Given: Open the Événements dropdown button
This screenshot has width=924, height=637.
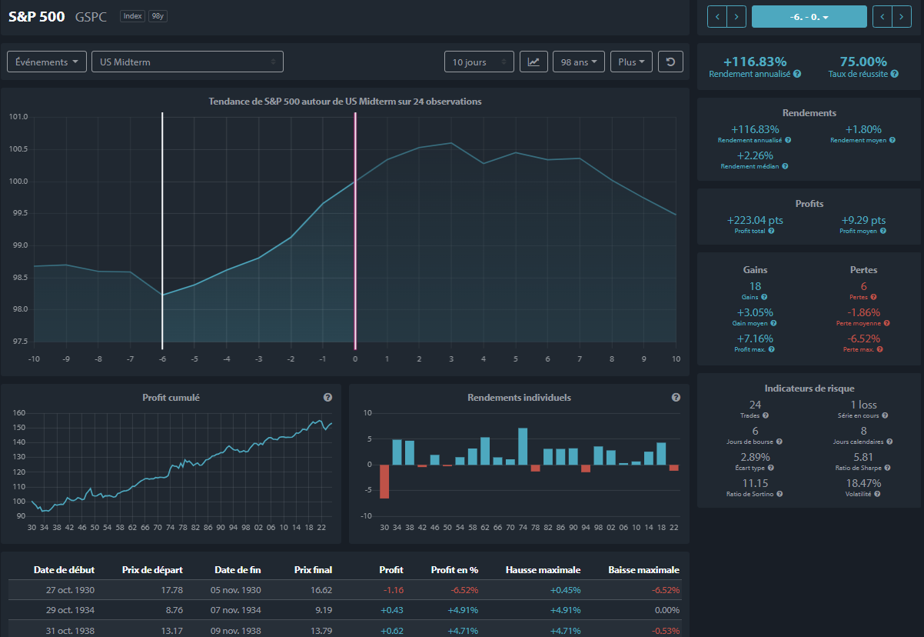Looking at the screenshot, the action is (47, 62).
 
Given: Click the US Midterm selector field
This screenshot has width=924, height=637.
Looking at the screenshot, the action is (188, 62).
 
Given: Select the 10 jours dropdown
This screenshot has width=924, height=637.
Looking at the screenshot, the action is (479, 62).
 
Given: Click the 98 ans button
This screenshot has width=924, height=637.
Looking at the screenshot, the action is (578, 62).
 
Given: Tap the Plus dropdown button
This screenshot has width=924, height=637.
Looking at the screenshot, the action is (631, 62).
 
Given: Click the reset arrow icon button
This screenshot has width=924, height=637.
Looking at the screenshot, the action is (670, 62).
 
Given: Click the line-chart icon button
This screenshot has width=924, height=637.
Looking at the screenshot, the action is (533, 62).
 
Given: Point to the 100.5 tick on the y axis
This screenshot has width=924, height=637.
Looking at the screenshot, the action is (18, 149).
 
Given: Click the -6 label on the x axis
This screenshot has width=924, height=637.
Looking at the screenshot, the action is (162, 359).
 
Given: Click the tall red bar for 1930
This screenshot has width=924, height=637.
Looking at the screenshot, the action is (384, 482).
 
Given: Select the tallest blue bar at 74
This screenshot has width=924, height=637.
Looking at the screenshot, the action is (523, 447).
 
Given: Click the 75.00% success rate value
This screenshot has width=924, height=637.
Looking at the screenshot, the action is (863, 62).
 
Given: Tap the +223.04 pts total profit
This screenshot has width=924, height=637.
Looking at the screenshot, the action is (755, 220).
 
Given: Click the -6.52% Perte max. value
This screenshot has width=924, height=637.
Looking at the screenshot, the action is (863, 339).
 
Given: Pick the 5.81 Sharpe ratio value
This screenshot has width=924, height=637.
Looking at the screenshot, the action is (863, 457).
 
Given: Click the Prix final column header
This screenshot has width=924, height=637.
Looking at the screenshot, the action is (313, 570).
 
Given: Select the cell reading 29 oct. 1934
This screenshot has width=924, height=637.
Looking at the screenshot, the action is (70, 610).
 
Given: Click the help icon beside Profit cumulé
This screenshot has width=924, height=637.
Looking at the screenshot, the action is (327, 398).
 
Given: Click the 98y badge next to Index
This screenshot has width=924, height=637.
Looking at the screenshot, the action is (158, 16).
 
